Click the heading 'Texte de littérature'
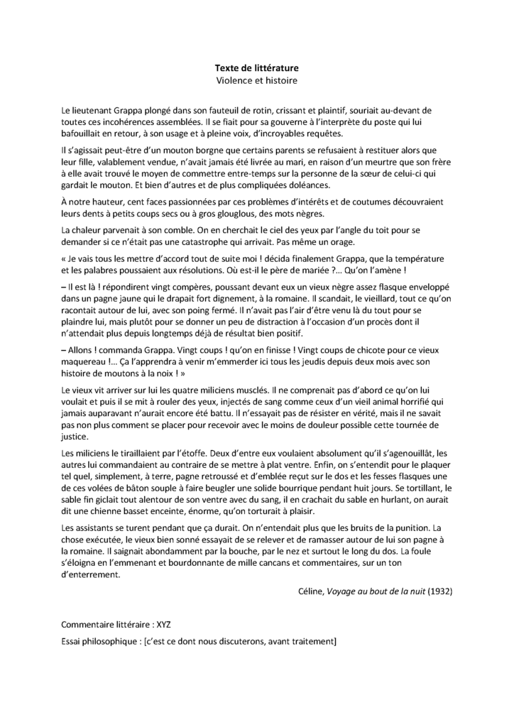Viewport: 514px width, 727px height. (x=257, y=68)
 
